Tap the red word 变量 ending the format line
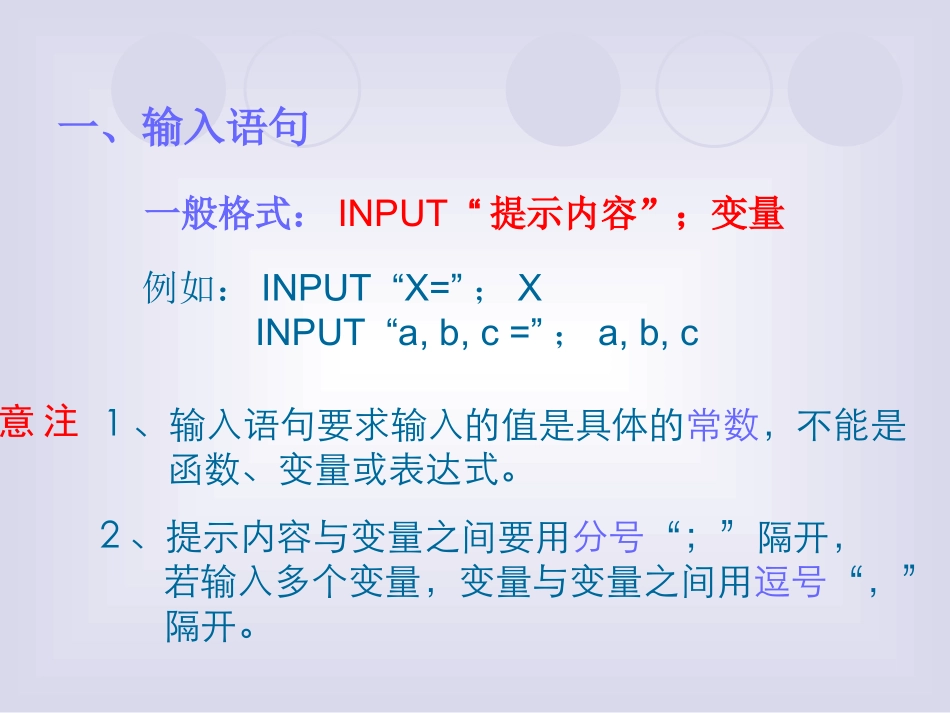(x=747, y=214)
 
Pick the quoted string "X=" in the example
(x=426, y=289)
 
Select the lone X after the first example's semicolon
(x=529, y=289)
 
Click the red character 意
(x=17, y=423)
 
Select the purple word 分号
(x=606, y=538)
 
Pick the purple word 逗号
(x=789, y=583)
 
